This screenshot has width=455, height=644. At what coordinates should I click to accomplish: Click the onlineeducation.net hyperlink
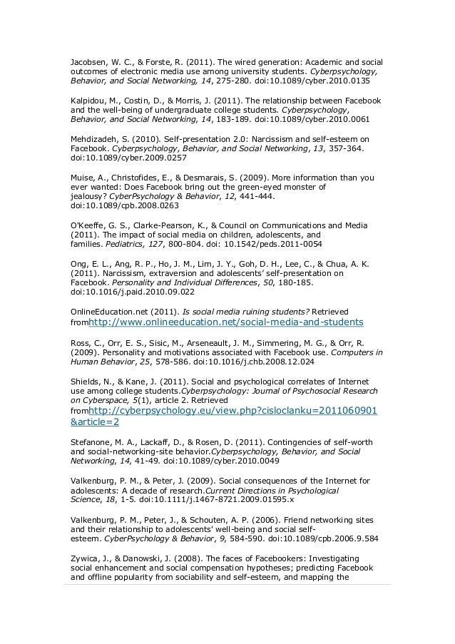coord(225,322)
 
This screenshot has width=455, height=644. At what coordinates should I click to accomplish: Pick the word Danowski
coord(150,558)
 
